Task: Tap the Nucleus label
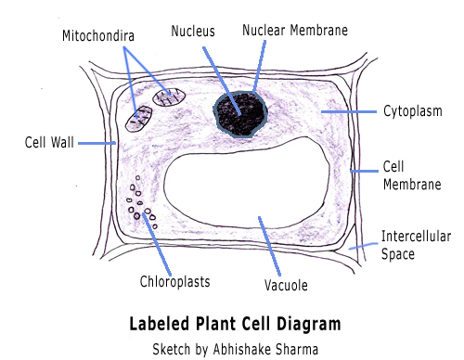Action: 192,31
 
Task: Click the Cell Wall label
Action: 48,143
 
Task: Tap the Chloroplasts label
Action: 174,281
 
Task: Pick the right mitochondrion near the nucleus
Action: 170,96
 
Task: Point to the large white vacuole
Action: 251,186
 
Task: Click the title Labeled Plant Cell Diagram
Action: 232,324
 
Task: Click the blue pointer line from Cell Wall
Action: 97,143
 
